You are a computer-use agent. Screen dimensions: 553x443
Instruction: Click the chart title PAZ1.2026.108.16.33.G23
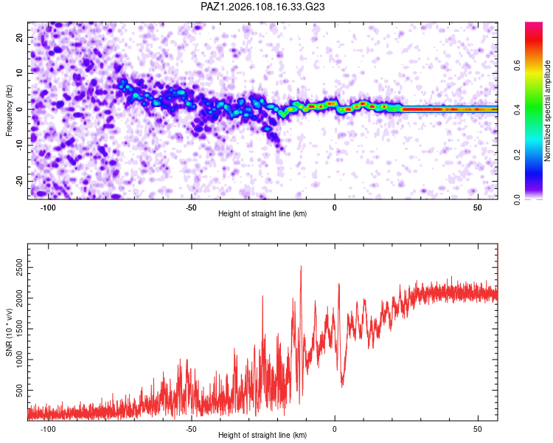point(262,7)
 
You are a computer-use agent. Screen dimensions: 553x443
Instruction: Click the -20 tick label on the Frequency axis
point(19,181)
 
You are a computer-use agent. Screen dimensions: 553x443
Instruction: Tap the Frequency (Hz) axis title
point(9,110)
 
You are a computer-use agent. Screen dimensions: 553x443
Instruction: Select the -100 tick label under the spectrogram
point(48,207)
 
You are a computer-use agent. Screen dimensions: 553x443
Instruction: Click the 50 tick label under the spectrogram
point(478,207)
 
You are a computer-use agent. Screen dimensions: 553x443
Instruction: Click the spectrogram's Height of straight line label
point(262,213)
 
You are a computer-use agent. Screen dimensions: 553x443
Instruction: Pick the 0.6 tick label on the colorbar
point(517,65)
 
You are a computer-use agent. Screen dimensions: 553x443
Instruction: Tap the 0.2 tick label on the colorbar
point(517,155)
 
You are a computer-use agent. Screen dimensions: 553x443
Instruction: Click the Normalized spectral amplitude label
point(547,110)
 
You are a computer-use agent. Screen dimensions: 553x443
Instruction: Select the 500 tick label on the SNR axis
point(19,391)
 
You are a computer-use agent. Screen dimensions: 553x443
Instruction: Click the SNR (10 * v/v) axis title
point(9,332)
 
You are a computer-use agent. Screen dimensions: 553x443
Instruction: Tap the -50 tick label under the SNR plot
point(191,429)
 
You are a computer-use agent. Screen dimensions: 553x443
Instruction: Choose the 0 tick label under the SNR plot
point(334,429)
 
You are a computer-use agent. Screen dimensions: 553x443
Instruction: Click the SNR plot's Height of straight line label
point(262,435)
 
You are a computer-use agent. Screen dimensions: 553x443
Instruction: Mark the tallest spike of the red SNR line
point(301,266)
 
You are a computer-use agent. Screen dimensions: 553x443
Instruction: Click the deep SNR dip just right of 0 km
point(341,386)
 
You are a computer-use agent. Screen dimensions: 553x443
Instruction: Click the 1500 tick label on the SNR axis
point(19,329)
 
